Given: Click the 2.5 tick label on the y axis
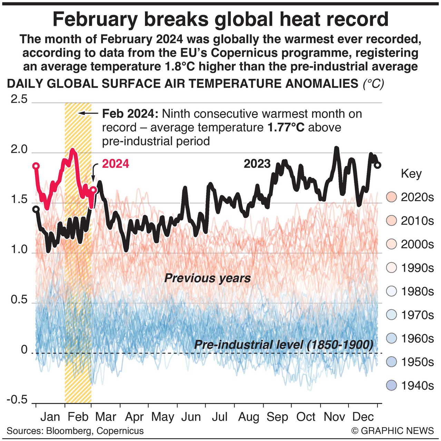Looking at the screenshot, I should pyautogui.click(x=19, y=100).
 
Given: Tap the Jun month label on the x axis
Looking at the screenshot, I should pyautogui.click(x=191, y=417).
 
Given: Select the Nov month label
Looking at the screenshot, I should pyautogui.click(x=334, y=417).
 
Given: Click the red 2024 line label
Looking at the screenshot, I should pyautogui.click(x=116, y=164).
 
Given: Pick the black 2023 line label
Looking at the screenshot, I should pyautogui.click(x=257, y=164).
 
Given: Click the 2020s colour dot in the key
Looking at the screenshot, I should pyautogui.click(x=392, y=197).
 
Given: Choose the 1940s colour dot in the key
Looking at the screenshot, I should pyautogui.click(x=392, y=385).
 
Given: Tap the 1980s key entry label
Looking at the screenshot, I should pyautogui.click(x=417, y=292).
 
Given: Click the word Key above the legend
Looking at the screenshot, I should pyautogui.click(x=411, y=174).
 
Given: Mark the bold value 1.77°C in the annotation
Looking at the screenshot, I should pyautogui.click(x=286, y=128).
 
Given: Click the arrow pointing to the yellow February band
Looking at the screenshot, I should pyautogui.click(x=88, y=113).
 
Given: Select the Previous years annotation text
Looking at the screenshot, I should pyautogui.click(x=207, y=278).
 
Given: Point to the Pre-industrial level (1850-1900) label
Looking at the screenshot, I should pyautogui.click(x=284, y=345).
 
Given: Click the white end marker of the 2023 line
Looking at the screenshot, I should pyautogui.click(x=378, y=165).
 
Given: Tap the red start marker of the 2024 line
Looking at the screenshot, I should pyautogui.click(x=36, y=166).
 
